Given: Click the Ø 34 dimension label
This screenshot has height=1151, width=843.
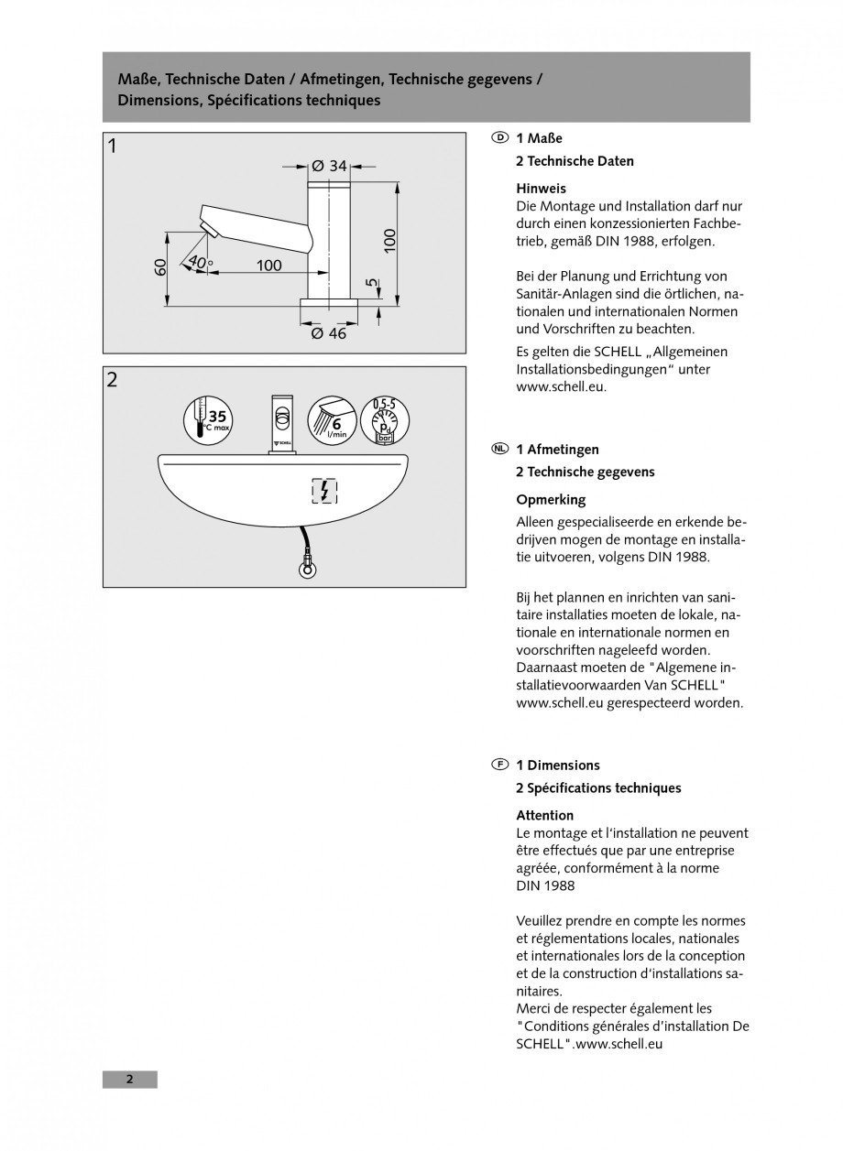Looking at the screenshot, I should pos(329,166).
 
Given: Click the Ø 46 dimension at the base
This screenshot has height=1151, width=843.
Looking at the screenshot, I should pos(329,334).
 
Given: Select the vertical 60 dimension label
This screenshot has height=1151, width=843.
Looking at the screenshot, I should pos(159,267).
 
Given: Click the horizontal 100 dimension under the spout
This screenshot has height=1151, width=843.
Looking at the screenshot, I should pos(268,266).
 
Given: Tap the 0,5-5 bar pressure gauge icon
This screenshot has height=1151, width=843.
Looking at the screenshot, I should pos(384,420).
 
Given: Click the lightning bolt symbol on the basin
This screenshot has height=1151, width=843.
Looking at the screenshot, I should pos(324,492).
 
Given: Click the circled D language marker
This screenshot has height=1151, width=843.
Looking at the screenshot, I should pos(499,138).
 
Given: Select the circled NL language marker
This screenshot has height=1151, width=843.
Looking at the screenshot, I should pos(499,449).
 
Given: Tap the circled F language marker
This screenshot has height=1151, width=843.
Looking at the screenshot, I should pos(499,765).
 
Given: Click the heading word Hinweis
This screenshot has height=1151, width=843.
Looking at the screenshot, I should pos(541,188).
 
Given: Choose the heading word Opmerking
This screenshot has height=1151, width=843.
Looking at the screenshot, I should pos(551,500).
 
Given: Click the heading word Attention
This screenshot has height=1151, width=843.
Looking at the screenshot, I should pos(545,815).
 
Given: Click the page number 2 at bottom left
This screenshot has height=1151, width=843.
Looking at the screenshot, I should pos(129,1079).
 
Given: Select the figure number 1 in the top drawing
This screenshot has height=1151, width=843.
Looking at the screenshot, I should pos(112,146).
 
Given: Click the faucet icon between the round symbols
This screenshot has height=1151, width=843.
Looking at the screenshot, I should pos(281,422).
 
